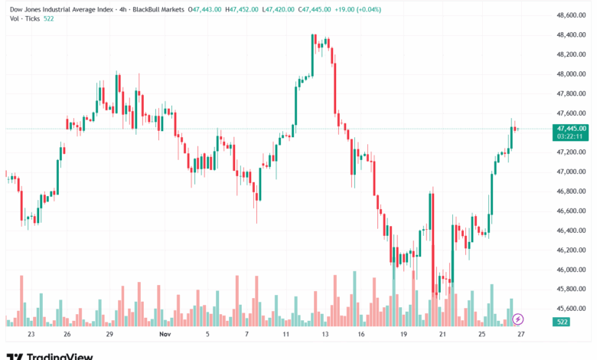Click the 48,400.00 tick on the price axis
point(572,35)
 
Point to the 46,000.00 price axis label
point(572,270)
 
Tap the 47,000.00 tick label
point(572,172)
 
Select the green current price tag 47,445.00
point(572,128)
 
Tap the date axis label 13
point(325,335)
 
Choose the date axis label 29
point(110,335)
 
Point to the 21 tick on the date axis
point(442,335)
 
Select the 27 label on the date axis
point(521,335)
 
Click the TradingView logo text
point(60,355)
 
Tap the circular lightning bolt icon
point(518,319)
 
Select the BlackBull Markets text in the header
point(158,9)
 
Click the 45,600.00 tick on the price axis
point(572,309)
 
